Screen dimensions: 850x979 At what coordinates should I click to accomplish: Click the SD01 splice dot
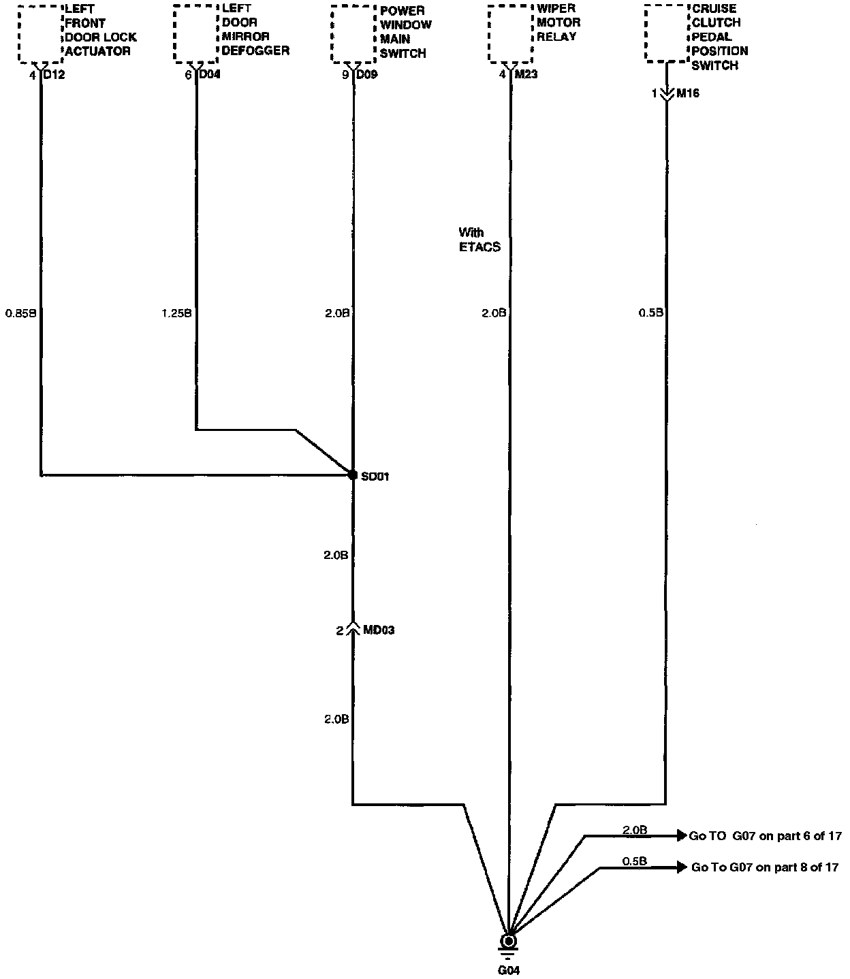pyautogui.click(x=353, y=475)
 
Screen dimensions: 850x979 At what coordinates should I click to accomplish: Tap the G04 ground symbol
pyautogui.click(x=508, y=942)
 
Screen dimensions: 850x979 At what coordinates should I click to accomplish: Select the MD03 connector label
pyautogui.click(x=379, y=630)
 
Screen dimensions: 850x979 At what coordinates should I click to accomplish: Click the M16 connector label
pyautogui.click(x=687, y=93)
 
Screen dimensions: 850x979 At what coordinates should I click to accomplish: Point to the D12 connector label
pyautogui.click(x=54, y=74)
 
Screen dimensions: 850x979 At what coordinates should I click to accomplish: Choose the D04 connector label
pyautogui.click(x=209, y=74)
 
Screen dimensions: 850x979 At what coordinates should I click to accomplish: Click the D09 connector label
pyautogui.click(x=366, y=74)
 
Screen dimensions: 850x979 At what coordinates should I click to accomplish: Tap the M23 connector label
pyautogui.click(x=525, y=74)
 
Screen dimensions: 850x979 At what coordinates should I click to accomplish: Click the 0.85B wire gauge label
pyautogui.click(x=20, y=314)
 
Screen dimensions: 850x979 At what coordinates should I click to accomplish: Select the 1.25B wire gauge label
pyautogui.click(x=176, y=314)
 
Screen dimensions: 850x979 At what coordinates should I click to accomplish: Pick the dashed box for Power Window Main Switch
pyautogui.click(x=353, y=33)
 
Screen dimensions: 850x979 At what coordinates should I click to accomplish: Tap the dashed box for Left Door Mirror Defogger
pyautogui.click(x=196, y=33)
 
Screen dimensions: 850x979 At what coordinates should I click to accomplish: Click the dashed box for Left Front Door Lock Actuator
pyautogui.click(x=40, y=33)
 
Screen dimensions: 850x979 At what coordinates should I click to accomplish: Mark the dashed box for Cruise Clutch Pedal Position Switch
pyautogui.click(x=666, y=33)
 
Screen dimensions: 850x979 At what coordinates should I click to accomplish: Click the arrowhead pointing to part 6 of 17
pyautogui.click(x=681, y=835)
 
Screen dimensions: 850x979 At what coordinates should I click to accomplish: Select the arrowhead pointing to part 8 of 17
pyautogui.click(x=681, y=867)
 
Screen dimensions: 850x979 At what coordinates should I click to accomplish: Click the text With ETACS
pyautogui.click(x=479, y=240)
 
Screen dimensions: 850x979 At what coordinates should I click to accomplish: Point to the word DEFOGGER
pyautogui.click(x=255, y=51)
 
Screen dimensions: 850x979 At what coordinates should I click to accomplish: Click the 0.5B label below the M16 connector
pyautogui.click(x=651, y=314)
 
